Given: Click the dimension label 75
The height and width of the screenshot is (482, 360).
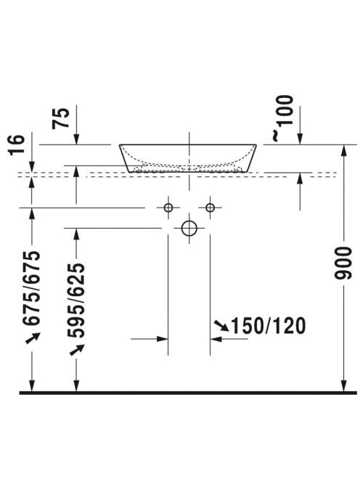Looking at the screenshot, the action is (61, 118).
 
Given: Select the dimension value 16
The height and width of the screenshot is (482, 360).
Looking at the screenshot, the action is (16, 145).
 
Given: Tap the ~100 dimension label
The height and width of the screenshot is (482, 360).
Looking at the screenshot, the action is (282, 118).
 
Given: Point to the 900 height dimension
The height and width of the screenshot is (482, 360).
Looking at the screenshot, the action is (343, 263).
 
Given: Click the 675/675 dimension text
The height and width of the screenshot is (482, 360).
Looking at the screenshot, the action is (31, 287).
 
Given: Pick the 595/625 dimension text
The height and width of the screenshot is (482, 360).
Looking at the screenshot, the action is (76, 301).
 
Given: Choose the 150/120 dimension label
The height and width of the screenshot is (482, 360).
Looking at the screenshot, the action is (268, 326).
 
